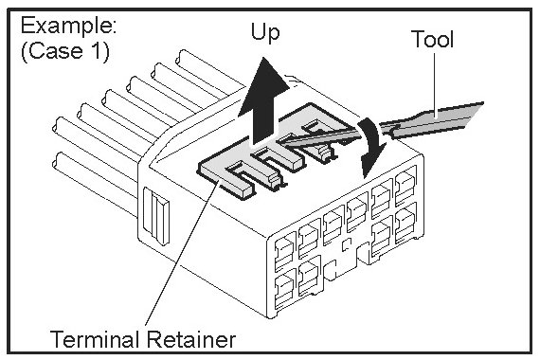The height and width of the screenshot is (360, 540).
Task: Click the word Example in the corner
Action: pyautogui.click(x=68, y=27)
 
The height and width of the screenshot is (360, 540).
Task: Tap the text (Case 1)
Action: pyautogui.click(x=65, y=51)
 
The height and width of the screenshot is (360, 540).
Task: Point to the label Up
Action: pyautogui.click(x=265, y=33)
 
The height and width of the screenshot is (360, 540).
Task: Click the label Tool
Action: pyautogui.click(x=432, y=39)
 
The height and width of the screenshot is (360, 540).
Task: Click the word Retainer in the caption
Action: pyautogui.click(x=191, y=338)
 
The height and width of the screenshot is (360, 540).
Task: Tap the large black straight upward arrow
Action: pyautogui.click(x=263, y=101)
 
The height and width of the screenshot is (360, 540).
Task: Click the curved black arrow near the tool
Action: pyautogui.click(x=372, y=147)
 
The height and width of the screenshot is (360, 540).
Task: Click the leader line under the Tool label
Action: pyautogui.click(x=435, y=81)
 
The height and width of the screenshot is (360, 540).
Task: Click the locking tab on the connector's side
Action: pyautogui.click(x=156, y=215)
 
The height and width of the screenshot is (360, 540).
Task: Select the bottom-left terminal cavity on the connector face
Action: pyautogui.click(x=284, y=290)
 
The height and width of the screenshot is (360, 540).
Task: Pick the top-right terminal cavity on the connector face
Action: pyautogui.click(x=405, y=186)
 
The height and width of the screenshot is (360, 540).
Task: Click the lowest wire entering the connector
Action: pyautogui.click(x=97, y=185)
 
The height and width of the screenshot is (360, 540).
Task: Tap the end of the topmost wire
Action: pyautogui.click(x=179, y=58)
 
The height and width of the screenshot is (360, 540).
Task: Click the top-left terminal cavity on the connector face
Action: pyautogui.click(x=284, y=251)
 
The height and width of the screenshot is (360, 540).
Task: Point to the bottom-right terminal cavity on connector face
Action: pyautogui.click(x=405, y=225)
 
